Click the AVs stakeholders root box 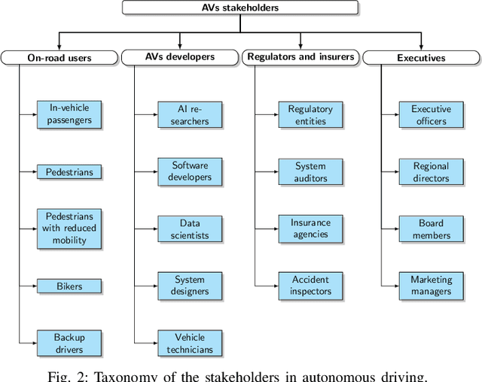click(x=241, y=8)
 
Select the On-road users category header click(x=59, y=57)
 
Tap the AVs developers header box click(x=180, y=57)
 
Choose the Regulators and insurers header click(x=300, y=57)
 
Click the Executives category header click(x=421, y=57)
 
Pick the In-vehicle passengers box click(x=69, y=114)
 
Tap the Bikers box click(x=69, y=286)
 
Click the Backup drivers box click(x=69, y=344)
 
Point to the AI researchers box click(x=190, y=114)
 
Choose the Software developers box click(x=190, y=171)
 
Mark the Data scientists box click(x=190, y=229)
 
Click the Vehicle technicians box click(x=190, y=344)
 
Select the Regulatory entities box click(x=310, y=114)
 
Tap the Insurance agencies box click(x=310, y=229)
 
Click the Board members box click(x=431, y=229)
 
